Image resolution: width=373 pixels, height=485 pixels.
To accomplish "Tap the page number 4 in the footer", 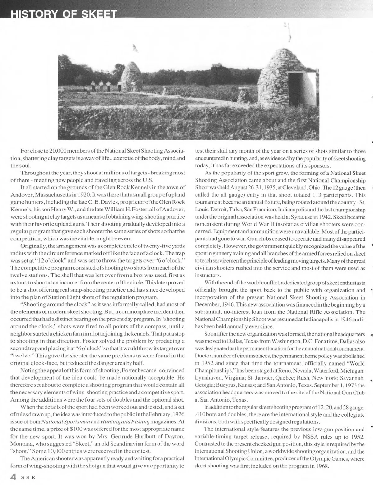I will [x=13, y=477].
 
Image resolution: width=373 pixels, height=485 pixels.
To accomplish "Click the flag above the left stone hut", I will [x=135, y=48].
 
